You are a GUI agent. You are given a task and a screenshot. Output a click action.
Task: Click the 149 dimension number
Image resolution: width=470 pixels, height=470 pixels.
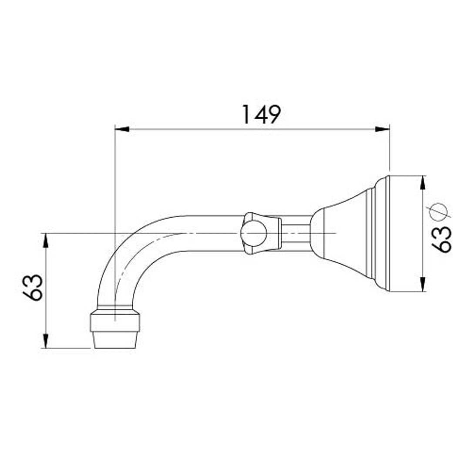click(261, 114)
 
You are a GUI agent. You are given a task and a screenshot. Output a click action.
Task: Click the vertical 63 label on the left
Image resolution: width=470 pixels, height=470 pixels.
click(33, 287)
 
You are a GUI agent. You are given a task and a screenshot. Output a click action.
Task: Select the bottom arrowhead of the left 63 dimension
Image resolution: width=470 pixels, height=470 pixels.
click(46, 341)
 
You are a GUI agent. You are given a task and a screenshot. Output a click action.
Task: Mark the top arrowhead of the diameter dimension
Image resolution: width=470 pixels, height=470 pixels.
click(422, 183)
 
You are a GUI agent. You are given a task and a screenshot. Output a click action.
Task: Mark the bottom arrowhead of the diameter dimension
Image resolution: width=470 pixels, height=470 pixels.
click(422, 285)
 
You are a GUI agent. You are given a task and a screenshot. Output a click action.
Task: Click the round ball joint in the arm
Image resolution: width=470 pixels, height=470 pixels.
click(253, 233)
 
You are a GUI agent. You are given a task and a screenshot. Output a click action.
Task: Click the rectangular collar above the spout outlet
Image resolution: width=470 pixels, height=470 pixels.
click(115, 322)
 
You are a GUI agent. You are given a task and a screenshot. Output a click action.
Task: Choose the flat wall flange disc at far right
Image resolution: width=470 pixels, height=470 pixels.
click(405, 234)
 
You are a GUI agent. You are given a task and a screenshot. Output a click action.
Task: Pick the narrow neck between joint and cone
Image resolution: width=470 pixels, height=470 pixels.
click(296, 233)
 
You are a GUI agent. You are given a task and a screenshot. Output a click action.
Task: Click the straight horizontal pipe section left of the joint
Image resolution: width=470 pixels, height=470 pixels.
click(209, 233)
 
